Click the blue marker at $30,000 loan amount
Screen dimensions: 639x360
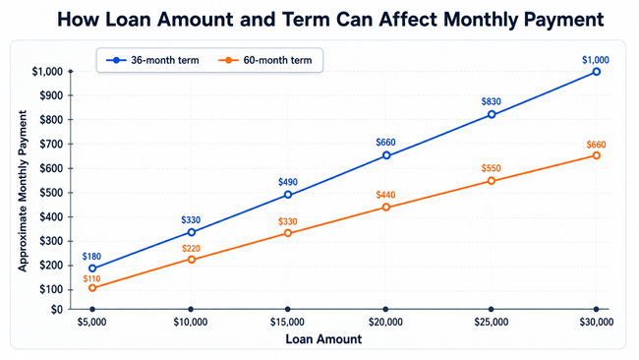pyautogui.click(x=596, y=72)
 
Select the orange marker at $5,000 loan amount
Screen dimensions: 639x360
pyautogui.click(x=92, y=288)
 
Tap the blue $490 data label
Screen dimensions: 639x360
pyautogui.click(x=288, y=182)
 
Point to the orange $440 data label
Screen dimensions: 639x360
pyautogui.click(x=385, y=195)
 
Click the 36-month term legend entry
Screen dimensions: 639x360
pyautogui.click(x=152, y=60)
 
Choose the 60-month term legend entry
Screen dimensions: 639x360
pyautogui.click(x=265, y=60)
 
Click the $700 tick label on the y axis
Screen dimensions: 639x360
pyautogui.click(x=51, y=144)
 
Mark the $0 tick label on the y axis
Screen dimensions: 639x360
pyautogui.click(x=57, y=310)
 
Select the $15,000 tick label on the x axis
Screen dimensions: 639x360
pyautogui.click(x=287, y=322)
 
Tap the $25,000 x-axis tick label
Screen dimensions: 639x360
pyautogui.click(x=492, y=322)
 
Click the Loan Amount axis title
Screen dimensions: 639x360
pyautogui.click(x=323, y=339)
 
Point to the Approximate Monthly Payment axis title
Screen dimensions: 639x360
pyautogui.click(x=23, y=191)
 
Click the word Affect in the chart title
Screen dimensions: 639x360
pyautogui.click(x=408, y=19)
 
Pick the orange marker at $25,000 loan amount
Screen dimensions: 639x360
pyautogui.click(x=492, y=181)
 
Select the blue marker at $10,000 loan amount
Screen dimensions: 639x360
pyautogui.click(x=191, y=232)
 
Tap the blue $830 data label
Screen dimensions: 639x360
pyautogui.click(x=492, y=101)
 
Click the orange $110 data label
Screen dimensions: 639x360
pyautogui.click(x=91, y=279)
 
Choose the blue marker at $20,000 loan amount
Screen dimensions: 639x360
pyautogui.click(x=386, y=155)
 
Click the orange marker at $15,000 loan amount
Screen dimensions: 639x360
pyautogui.click(x=288, y=233)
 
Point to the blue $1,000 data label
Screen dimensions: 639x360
pyautogui.click(x=596, y=60)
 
